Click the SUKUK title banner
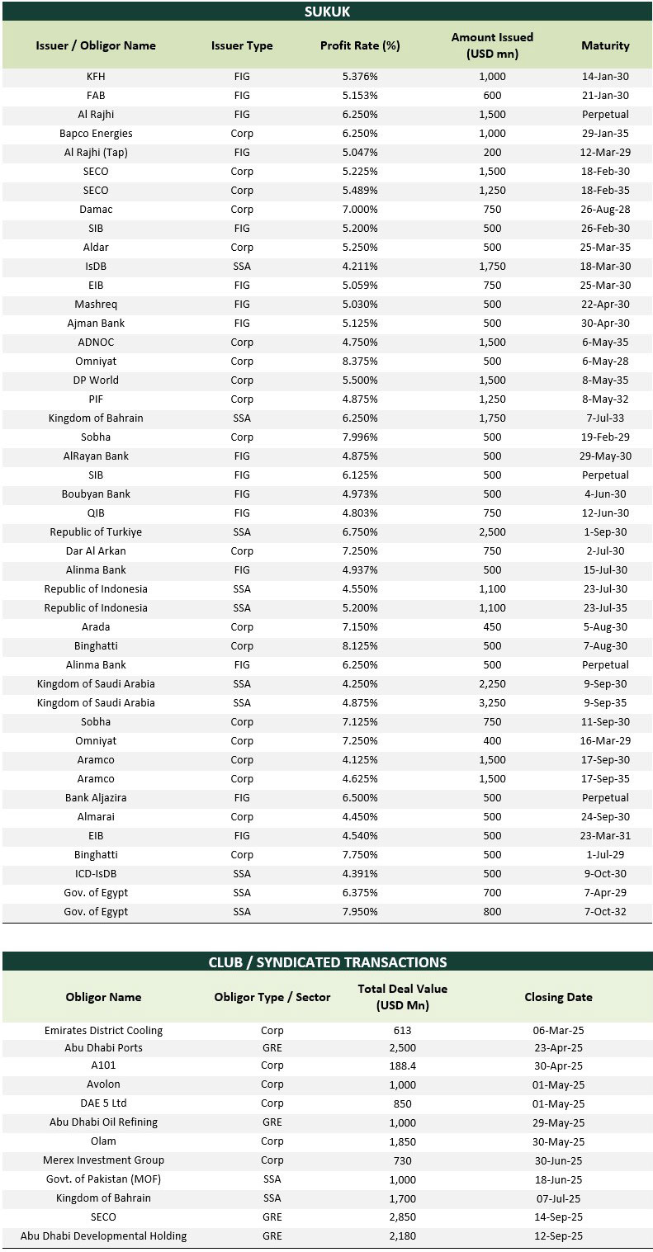pos(327,12)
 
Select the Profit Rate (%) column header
pos(360,45)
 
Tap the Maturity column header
pos(605,45)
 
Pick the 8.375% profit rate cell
pos(360,361)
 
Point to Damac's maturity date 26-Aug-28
pos(605,210)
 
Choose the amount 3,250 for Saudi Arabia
pos(492,703)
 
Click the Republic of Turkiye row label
pos(96,532)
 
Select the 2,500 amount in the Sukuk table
pos(492,532)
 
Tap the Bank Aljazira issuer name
pos(96,798)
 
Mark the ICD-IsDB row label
pos(96,874)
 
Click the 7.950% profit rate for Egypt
pos(360,912)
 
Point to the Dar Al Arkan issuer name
pos(96,551)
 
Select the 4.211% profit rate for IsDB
pos(360,267)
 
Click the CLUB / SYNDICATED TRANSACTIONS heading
pos(327,962)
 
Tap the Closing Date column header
pos(558,997)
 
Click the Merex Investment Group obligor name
pos(103,1160)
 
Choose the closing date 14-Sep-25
pos(558,1217)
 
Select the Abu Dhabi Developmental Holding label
pos(103,1236)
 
